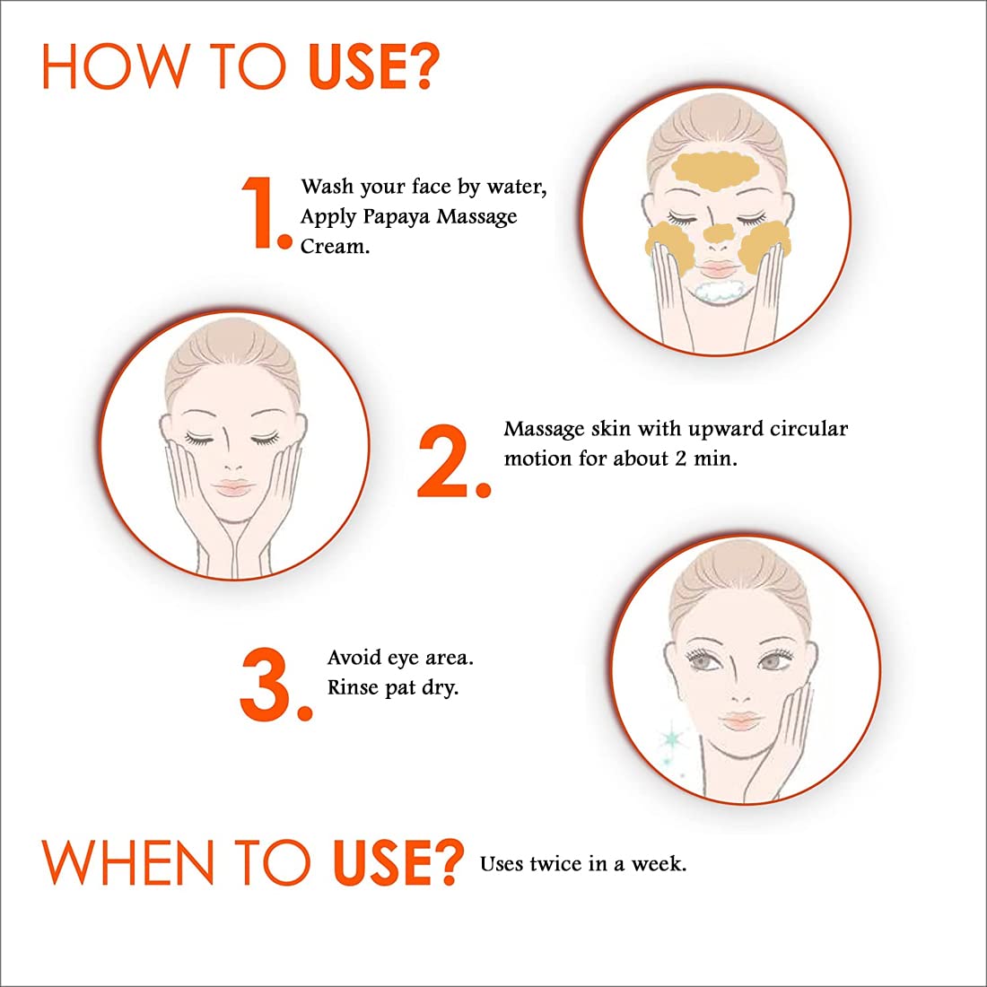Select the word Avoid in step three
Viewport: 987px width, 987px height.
click(x=354, y=658)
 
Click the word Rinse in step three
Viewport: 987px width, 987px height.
click(x=353, y=686)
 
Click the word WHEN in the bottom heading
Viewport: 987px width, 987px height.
click(x=127, y=862)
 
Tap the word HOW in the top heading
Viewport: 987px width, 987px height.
click(x=116, y=66)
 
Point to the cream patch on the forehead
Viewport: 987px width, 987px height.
click(x=714, y=170)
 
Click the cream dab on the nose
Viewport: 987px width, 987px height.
click(x=718, y=233)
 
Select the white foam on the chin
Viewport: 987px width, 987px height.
click(x=721, y=293)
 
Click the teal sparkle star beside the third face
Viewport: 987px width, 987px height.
click(x=671, y=738)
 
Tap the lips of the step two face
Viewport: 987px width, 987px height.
click(x=233, y=487)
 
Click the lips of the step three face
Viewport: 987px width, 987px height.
click(x=741, y=721)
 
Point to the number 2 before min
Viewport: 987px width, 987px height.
click(x=681, y=459)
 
